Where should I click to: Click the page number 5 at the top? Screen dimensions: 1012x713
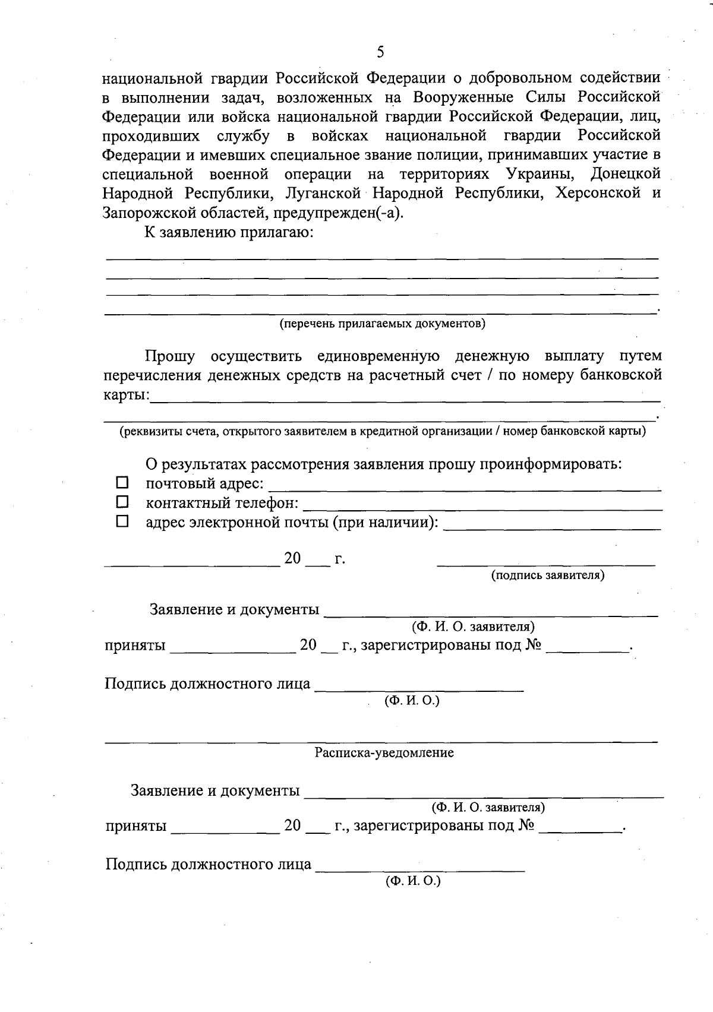[x=380, y=52]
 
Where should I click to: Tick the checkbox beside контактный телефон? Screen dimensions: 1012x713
[x=122, y=502]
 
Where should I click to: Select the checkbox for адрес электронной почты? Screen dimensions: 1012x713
[x=122, y=521]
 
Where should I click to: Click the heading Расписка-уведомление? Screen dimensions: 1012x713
[x=384, y=753]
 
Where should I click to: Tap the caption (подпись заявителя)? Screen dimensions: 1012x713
[x=547, y=575]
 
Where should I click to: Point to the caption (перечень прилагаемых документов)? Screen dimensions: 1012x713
[x=383, y=324]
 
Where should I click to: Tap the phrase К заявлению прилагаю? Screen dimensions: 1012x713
[x=229, y=232]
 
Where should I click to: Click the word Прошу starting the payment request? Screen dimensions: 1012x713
[x=170, y=356]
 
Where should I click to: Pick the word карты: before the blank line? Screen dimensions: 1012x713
[x=127, y=394]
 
